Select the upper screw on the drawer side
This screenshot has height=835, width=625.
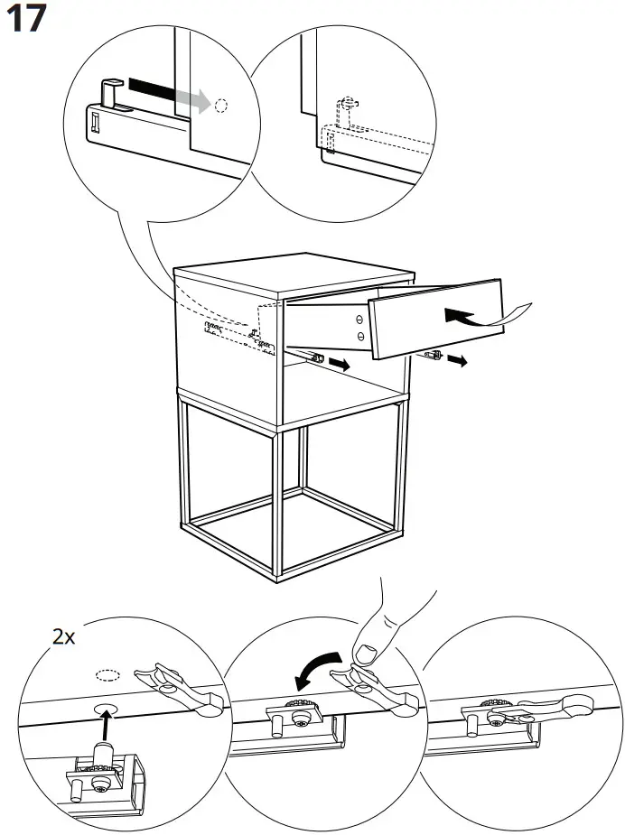click(359, 319)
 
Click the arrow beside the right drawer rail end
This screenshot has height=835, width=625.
click(459, 361)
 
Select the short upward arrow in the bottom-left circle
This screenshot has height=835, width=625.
click(107, 721)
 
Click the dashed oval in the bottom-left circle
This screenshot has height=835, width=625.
click(107, 674)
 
